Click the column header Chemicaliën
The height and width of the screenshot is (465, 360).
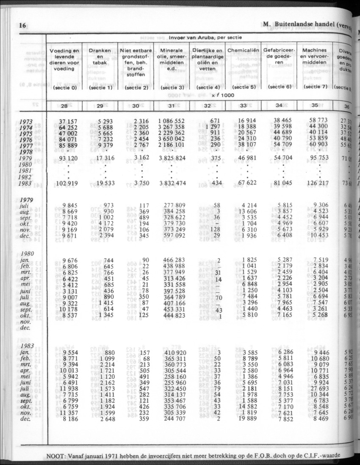[243, 50]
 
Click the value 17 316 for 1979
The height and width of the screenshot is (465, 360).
[100, 158]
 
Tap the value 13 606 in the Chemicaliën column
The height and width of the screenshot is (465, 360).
[245, 211]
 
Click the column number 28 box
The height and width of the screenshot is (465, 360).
[66, 106]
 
